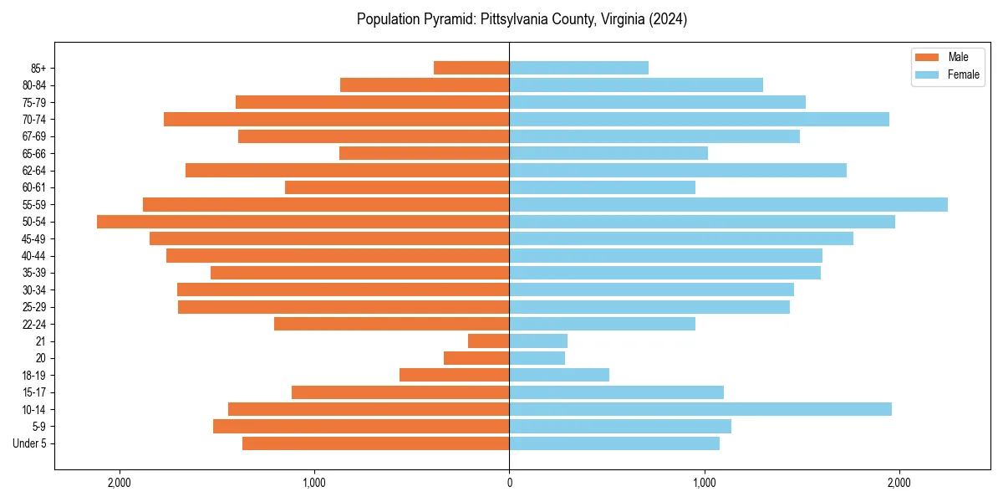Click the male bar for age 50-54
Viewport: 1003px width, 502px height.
(x=303, y=222)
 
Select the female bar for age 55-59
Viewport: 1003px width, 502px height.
(x=728, y=205)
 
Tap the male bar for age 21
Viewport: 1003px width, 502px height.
(x=488, y=341)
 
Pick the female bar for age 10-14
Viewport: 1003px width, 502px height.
(x=700, y=409)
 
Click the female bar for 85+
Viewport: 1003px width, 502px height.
(x=578, y=68)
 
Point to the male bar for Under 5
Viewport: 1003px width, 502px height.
(x=375, y=443)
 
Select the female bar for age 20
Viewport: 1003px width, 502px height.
(x=537, y=358)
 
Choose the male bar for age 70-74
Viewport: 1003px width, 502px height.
(x=336, y=120)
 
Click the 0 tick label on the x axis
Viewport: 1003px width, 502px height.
(x=509, y=482)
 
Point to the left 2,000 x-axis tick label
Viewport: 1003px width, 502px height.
(x=120, y=482)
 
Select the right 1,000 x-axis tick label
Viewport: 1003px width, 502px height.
(x=704, y=482)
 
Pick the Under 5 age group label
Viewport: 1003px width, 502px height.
(x=29, y=443)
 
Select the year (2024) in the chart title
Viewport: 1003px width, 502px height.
(x=669, y=19)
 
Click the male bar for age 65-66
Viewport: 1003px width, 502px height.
(x=424, y=153)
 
